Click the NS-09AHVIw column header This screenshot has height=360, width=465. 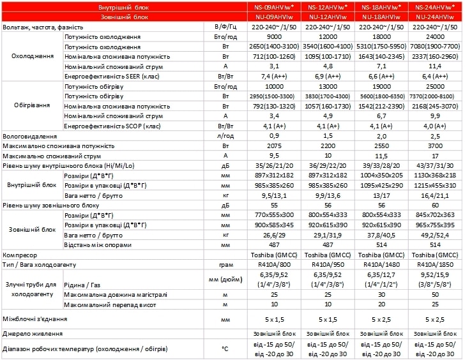point(273,7)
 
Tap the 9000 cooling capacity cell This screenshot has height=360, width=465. point(273,38)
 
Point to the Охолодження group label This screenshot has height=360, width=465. point(33,56)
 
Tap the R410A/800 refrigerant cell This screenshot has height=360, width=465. point(273,264)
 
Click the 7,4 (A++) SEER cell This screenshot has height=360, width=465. point(273,75)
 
